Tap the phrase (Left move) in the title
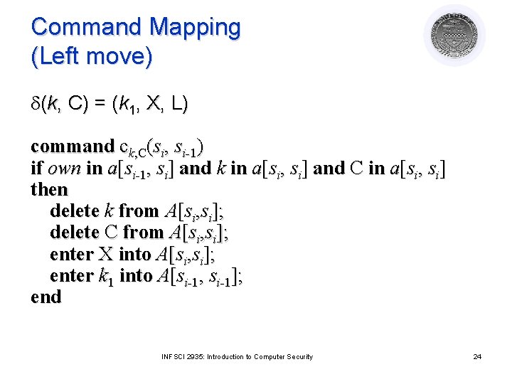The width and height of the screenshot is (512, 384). tap(92, 58)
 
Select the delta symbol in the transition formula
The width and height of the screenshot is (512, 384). tap(36, 105)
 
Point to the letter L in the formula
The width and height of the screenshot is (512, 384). tap(179, 105)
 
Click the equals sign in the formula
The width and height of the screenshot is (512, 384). tap(98, 105)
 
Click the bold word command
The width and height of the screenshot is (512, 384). tap(72, 146)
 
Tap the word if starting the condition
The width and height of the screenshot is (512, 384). tap(37, 169)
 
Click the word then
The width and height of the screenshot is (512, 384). tap(49, 190)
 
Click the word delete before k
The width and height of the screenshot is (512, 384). tap(74, 211)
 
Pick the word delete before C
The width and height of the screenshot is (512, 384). tap(74, 233)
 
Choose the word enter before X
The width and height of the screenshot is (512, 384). tap(71, 254)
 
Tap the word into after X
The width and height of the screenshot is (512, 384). tap(134, 254)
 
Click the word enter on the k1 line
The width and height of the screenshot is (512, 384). tap(71, 275)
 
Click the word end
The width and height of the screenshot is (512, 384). tap(46, 297)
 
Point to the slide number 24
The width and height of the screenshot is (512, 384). tap(477, 356)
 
